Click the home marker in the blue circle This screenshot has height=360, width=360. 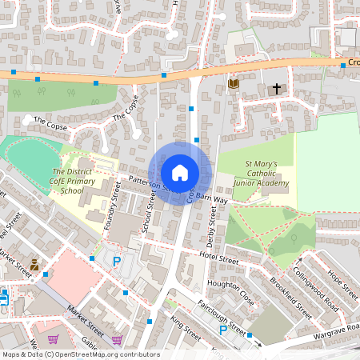tap(180, 172)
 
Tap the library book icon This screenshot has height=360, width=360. tap(234, 83)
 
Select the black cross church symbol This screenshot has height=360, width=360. tap(278, 88)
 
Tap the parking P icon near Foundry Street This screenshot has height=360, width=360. tap(117, 262)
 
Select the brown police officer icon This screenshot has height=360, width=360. tap(34, 263)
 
